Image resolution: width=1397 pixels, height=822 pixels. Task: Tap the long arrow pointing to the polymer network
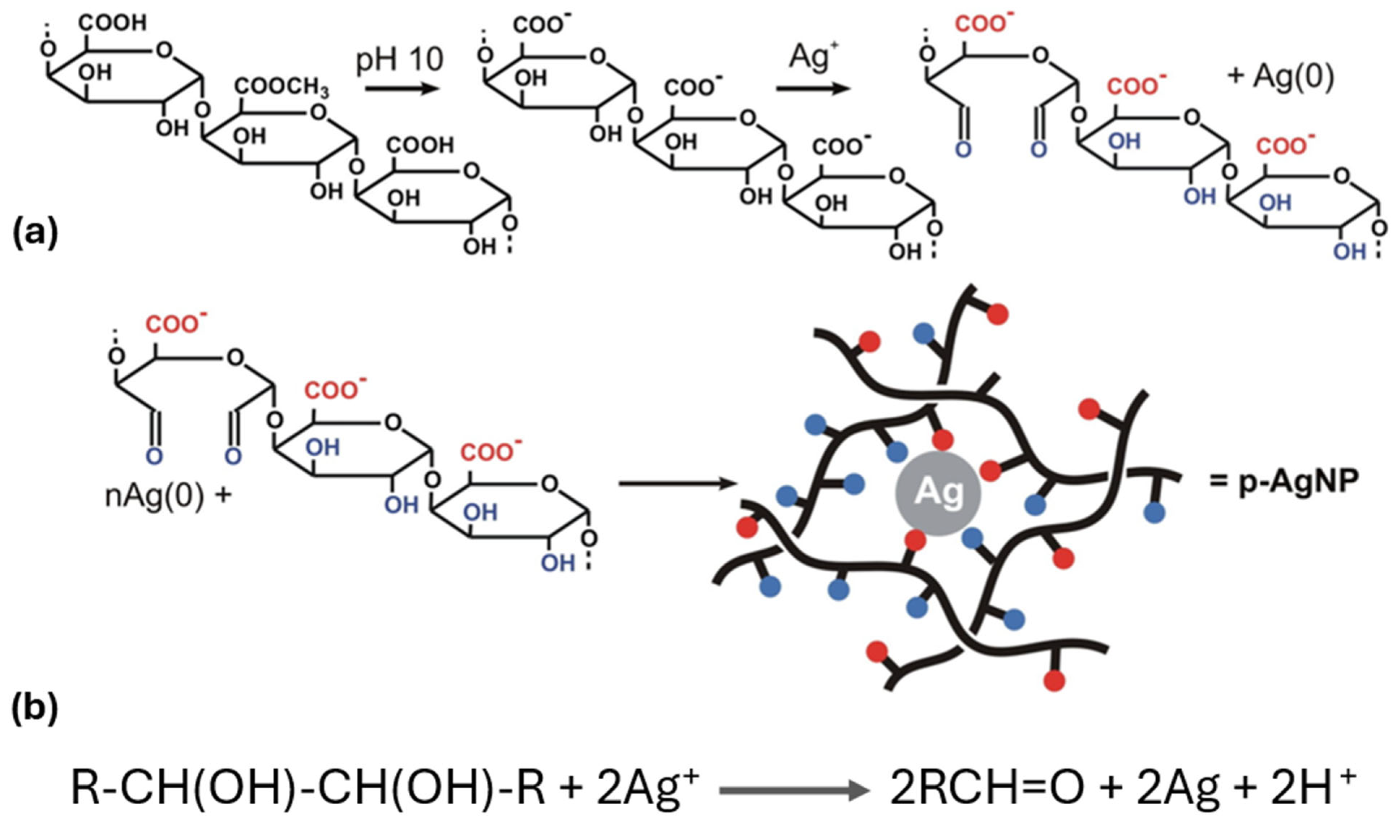pos(678,484)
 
